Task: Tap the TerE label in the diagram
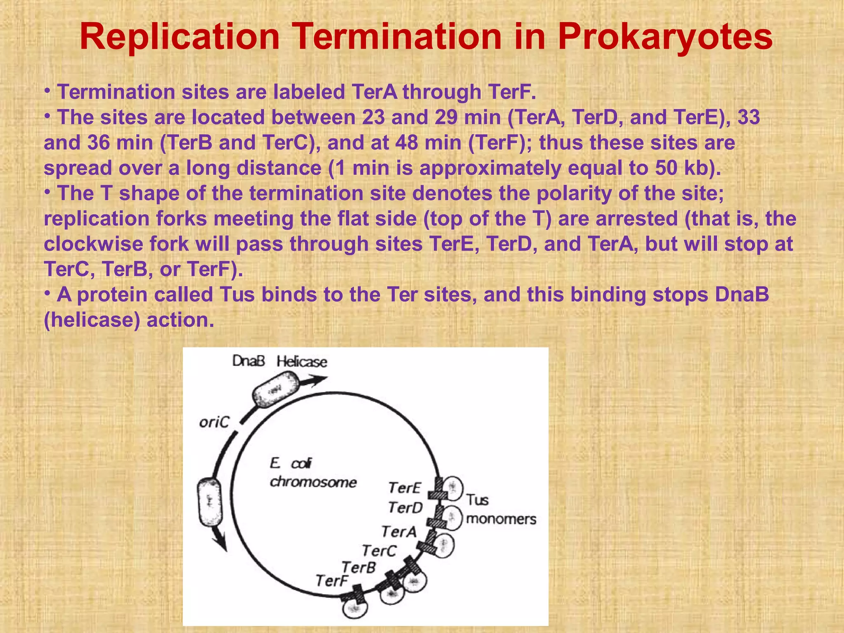[x=404, y=488]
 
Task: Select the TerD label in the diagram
[x=405, y=508]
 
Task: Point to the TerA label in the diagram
[x=399, y=532]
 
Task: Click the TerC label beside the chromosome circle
[x=379, y=551]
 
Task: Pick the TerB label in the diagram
[x=359, y=567]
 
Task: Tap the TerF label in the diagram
[x=332, y=581]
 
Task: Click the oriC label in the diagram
[x=214, y=422]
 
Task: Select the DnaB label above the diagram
[x=248, y=361]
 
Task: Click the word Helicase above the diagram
[x=302, y=362]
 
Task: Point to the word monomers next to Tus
[x=501, y=519]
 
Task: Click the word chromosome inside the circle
[x=313, y=482]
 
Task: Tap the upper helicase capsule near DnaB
[x=275, y=389]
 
